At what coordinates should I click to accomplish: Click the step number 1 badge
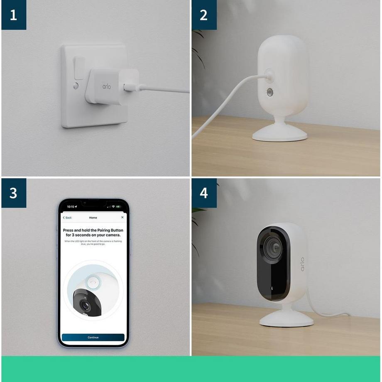[x=14, y=15]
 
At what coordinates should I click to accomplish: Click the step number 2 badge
[x=204, y=15]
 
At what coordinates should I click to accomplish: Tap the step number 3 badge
[x=14, y=193]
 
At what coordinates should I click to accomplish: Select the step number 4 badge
[x=204, y=193]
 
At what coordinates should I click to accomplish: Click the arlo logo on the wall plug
[x=107, y=86]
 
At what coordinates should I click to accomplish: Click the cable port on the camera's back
[x=269, y=75]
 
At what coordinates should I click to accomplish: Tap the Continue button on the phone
[x=93, y=338]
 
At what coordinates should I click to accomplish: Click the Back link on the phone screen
[x=67, y=218]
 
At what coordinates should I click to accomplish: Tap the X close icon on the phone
[x=122, y=217]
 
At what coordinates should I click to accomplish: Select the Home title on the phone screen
[x=93, y=218]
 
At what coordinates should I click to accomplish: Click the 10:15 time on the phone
[x=71, y=207]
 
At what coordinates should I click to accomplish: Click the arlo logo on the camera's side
[x=302, y=264]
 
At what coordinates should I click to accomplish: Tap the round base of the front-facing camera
[x=286, y=318]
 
